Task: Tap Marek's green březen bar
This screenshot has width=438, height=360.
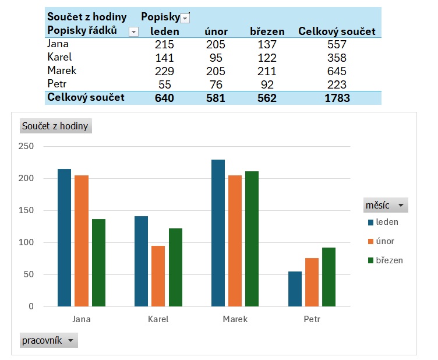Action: pos(252,239)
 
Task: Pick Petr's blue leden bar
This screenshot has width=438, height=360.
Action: pos(295,289)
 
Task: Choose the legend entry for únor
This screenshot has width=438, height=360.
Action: pos(385,241)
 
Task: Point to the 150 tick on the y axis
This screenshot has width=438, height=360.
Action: pos(26,210)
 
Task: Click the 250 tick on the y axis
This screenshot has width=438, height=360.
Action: pos(26,146)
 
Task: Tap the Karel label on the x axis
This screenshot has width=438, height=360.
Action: pos(158,319)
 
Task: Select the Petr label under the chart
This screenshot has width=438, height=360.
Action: pos(312,319)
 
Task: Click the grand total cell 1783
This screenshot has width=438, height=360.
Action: pos(337,98)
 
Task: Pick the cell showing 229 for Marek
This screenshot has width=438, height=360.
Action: pos(165,71)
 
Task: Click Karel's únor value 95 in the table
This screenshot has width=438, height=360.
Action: pos(216,58)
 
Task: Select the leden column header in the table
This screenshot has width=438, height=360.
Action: pos(165,31)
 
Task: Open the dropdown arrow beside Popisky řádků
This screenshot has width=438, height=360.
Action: pos(133,31)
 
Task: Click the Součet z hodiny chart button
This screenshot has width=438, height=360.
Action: pos(55,126)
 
